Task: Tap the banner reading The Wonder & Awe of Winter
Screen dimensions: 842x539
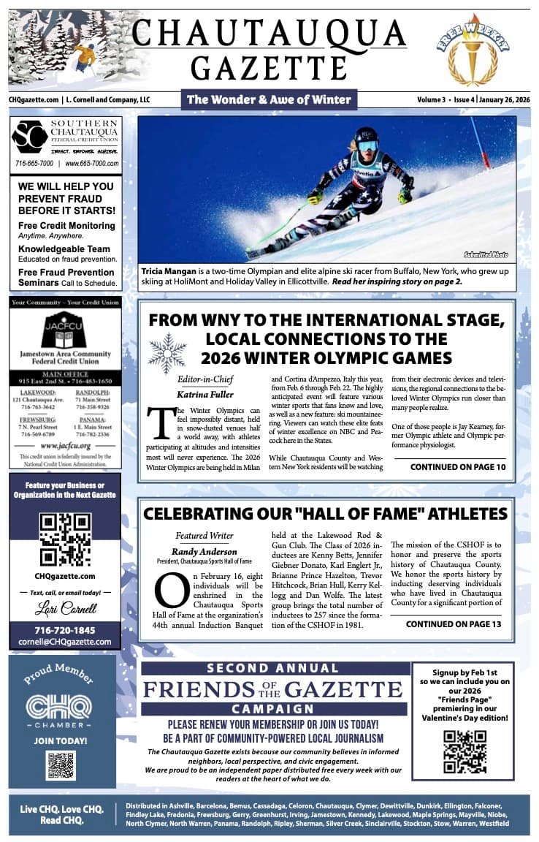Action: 269,99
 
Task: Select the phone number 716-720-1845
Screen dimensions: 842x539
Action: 65,630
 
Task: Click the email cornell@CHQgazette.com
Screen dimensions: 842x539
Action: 65,642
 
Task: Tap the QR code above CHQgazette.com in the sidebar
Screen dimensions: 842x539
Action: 65,539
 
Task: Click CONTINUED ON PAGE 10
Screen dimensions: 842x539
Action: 457,467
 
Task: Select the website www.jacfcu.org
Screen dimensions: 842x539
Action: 65,445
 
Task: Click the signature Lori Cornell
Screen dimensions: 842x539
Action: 65,608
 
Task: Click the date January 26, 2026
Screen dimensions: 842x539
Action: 503,99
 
